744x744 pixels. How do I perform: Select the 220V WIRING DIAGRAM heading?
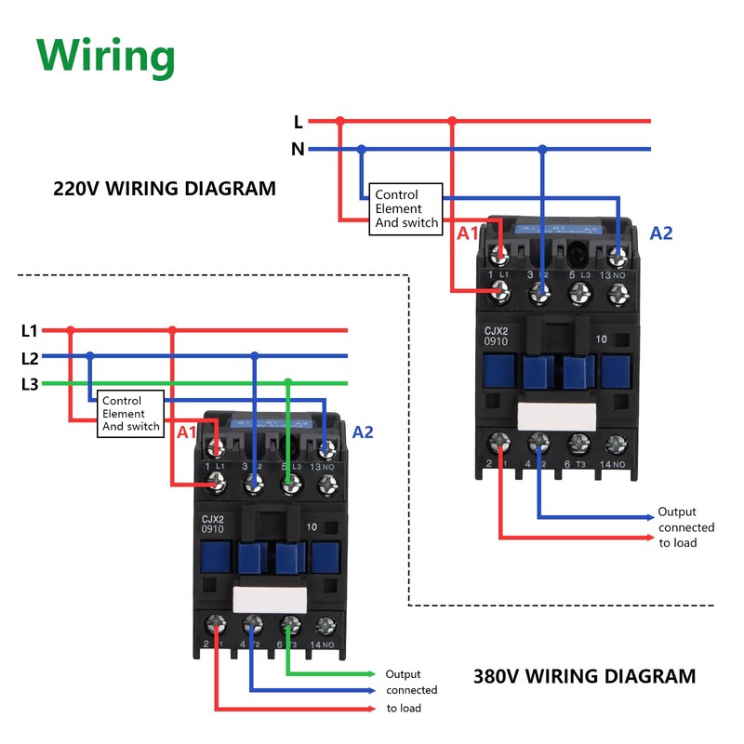tap(165, 189)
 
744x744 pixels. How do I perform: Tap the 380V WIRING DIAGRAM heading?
tap(584, 676)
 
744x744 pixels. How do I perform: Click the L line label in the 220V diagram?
tap(298, 122)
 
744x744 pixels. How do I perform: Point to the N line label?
tap(298, 149)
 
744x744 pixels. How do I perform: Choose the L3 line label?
tap(29, 384)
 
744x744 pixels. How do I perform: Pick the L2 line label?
tap(29, 357)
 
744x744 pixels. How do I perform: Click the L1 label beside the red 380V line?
tap(29, 330)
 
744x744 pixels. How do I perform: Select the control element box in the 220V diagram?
tap(405, 209)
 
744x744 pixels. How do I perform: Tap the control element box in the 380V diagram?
tap(131, 414)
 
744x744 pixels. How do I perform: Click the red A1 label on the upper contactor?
tap(468, 233)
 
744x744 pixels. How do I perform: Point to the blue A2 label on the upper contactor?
tap(660, 233)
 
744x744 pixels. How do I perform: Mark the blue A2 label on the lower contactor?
tap(363, 432)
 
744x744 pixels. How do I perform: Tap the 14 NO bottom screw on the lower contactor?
tap(325, 626)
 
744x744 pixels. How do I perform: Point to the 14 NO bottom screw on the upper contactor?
tap(615, 444)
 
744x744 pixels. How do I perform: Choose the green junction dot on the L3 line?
tap(288, 382)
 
